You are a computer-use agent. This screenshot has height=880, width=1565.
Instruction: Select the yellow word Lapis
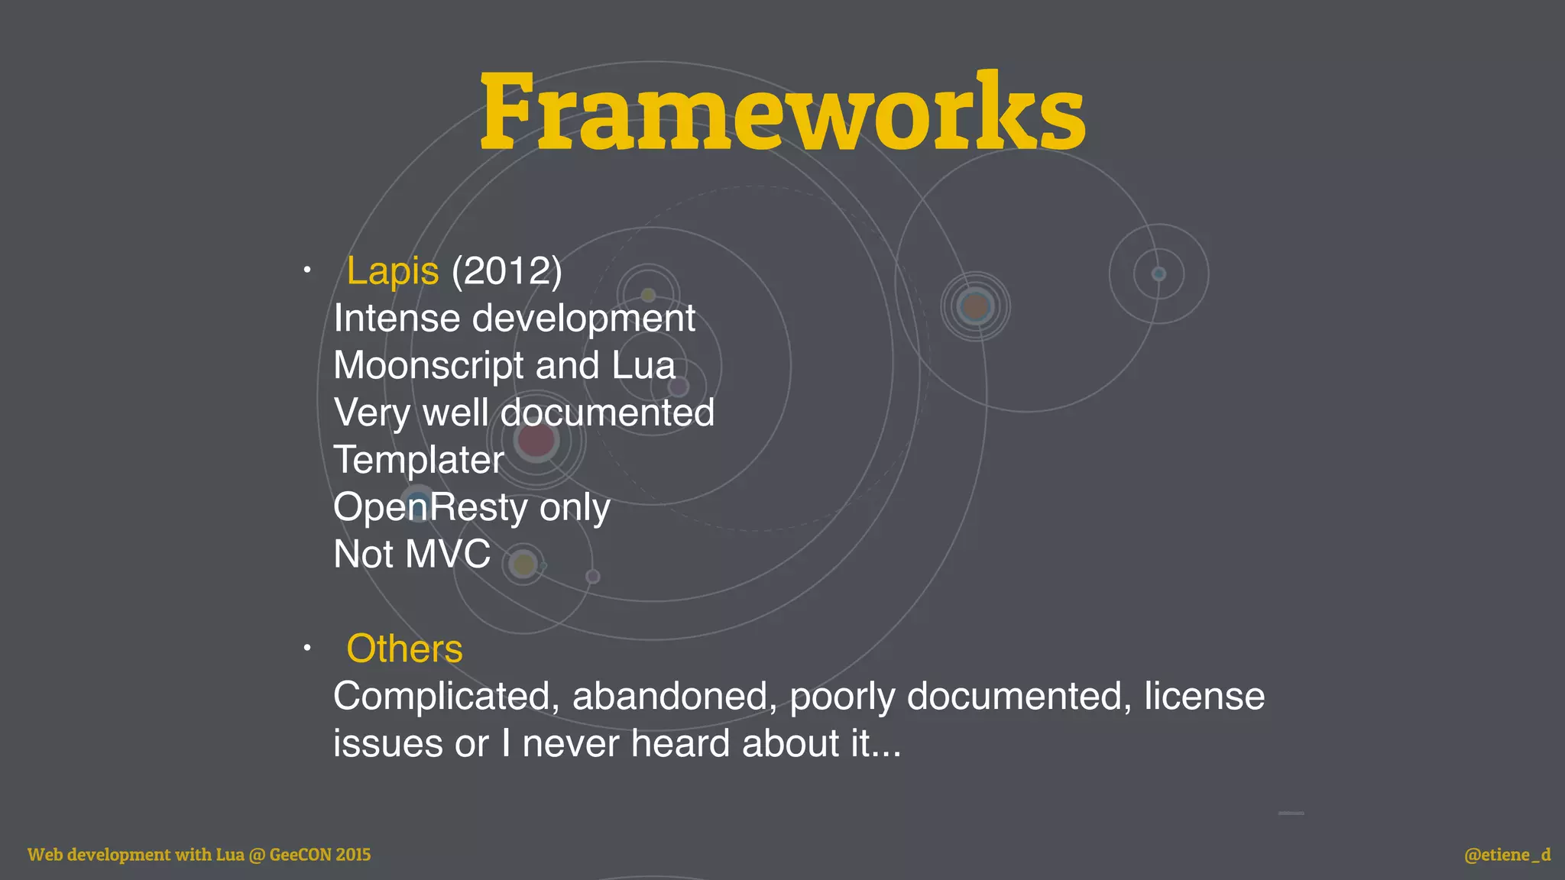point(393,271)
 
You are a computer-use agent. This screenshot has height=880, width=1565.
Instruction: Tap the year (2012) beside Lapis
point(507,271)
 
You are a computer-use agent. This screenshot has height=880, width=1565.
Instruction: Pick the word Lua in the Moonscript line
point(643,366)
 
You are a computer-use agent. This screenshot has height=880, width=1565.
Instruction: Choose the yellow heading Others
point(404,649)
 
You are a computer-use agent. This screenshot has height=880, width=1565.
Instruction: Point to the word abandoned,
point(675,697)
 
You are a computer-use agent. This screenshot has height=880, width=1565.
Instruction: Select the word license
point(1204,697)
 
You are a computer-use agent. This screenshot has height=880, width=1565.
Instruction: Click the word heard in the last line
point(679,744)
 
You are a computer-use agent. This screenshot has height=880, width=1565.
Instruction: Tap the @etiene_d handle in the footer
point(1507,855)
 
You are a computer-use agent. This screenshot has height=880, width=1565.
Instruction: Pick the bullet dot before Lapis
point(306,270)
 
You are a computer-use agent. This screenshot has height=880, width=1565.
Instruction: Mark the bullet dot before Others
point(306,649)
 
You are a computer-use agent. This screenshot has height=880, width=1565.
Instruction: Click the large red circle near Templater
point(536,440)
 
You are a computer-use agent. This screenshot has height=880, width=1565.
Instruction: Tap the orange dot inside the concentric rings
point(975,307)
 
